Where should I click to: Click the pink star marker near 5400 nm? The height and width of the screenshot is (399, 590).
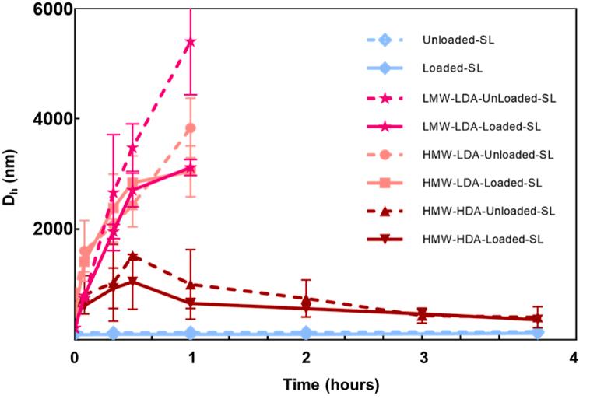tap(190, 41)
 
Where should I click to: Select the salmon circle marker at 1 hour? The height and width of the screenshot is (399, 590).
tap(191, 128)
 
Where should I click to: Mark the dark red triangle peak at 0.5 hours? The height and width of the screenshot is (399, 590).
tap(133, 256)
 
